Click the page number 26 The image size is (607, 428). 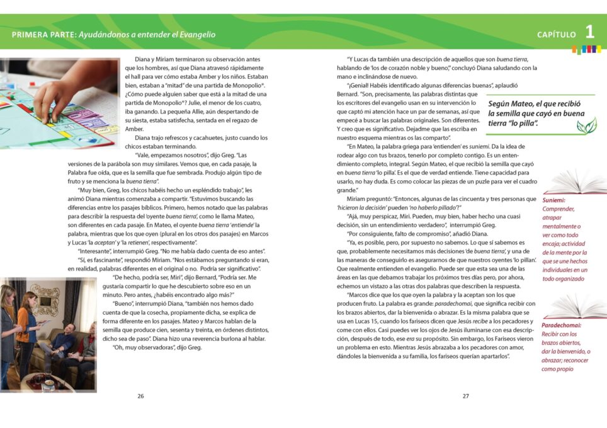pos(140,396)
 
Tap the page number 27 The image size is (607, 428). pos(466,396)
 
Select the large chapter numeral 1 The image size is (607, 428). pos(589,32)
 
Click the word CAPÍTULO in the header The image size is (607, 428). pos(556,35)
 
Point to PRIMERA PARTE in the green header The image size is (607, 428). pos(43,35)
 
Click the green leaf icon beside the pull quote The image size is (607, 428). pos(586,126)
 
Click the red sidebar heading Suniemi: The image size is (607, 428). pos(554,200)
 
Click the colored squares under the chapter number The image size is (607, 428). pos(583,49)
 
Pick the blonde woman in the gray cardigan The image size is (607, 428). pos(8,328)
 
